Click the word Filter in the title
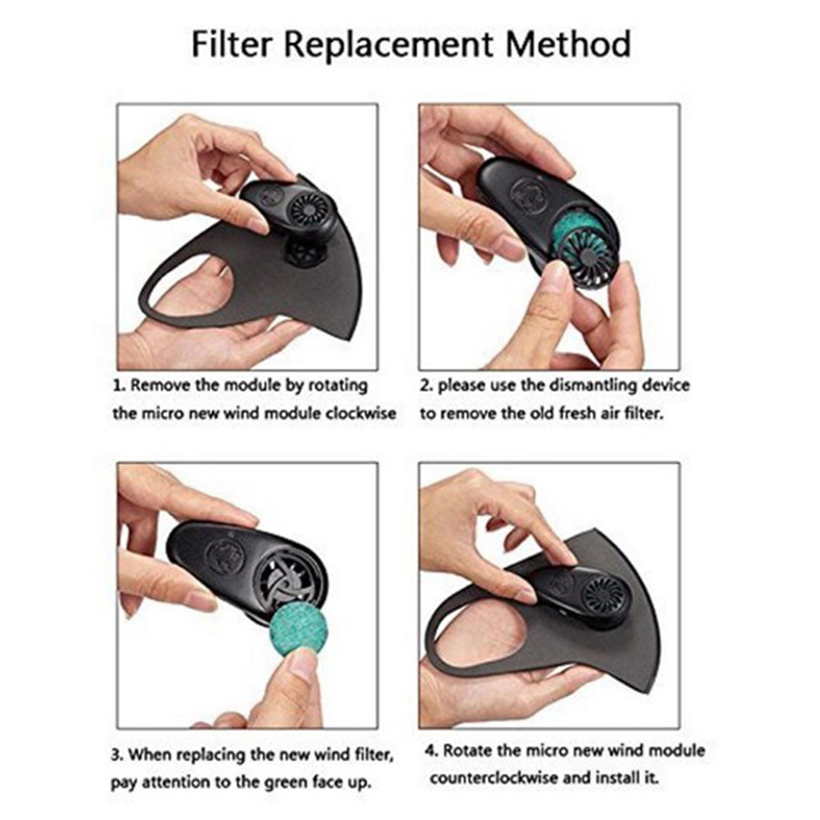click(232, 44)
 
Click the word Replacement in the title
click(389, 45)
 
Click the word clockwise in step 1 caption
click(361, 413)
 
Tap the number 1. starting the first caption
click(119, 385)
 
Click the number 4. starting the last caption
click(431, 751)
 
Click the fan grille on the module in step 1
click(309, 210)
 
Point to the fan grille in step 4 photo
click(605, 596)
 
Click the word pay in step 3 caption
click(124, 783)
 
